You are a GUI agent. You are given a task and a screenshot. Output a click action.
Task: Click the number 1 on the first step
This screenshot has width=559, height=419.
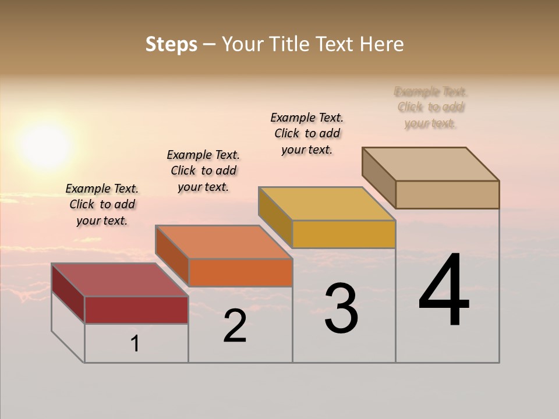point(135,344)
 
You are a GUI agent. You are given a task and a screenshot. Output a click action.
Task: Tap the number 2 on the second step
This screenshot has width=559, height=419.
point(235,326)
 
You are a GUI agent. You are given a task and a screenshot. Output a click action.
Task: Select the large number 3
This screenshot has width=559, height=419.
point(341,308)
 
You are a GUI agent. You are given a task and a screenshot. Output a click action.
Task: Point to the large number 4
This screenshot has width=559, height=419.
point(444,290)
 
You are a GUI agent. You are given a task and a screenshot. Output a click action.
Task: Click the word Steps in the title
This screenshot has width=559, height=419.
point(171,44)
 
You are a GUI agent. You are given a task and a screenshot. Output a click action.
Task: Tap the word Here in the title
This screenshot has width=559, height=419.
point(381,44)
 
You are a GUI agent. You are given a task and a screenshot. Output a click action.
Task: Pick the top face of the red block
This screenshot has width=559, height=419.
point(119,280)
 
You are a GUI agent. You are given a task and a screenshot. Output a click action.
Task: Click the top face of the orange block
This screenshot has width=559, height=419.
point(224,242)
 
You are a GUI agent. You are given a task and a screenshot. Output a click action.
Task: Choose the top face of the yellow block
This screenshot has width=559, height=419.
point(327,204)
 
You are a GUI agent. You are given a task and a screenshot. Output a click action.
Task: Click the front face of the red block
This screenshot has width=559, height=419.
point(136,310)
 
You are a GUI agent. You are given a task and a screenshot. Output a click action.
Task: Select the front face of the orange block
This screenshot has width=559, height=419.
point(240,272)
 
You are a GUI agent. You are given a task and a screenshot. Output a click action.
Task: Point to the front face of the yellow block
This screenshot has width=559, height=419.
point(344,234)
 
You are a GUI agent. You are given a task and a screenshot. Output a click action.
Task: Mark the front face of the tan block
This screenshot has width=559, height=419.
point(447,194)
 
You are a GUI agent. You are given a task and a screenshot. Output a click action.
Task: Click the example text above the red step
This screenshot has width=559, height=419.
point(102,204)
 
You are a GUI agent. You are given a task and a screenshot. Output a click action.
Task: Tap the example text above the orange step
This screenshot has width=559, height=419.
point(203,171)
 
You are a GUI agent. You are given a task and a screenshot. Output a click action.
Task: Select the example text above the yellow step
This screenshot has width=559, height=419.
point(307,133)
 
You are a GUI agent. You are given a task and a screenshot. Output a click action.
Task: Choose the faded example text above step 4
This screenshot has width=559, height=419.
point(430,107)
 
